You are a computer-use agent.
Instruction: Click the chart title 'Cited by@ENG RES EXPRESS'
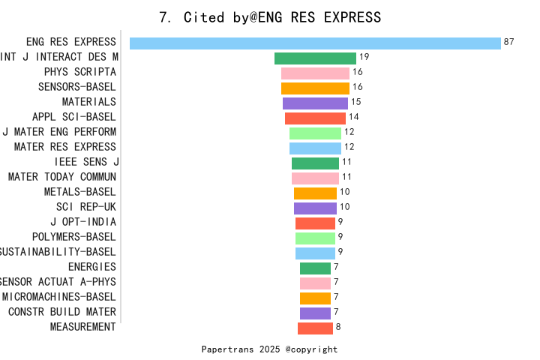click(x=270, y=17)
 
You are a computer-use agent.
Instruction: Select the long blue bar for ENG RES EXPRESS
click(x=315, y=43)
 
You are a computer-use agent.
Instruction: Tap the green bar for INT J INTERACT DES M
click(x=315, y=58)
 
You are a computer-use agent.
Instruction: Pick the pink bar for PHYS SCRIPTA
click(x=315, y=73)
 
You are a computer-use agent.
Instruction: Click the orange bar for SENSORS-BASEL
click(x=315, y=88)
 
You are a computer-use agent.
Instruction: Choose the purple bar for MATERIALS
click(x=315, y=103)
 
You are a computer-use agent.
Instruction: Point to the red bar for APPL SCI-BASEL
click(x=315, y=118)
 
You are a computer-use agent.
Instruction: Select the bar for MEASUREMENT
click(x=315, y=328)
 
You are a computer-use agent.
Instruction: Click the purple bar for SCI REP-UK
click(x=315, y=208)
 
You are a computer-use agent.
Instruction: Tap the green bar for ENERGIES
click(x=315, y=268)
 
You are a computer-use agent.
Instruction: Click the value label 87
click(x=509, y=42)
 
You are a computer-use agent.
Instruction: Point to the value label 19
click(x=364, y=57)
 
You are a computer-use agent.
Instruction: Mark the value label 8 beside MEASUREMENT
click(x=338, y=327)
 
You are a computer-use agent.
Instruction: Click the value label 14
click(x=354, y=117)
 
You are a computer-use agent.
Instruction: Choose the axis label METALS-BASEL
click(x=80, y=192)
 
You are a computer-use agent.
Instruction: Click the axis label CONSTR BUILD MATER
click(x=62, y=312)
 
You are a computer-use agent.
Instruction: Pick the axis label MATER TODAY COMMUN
click(x=62, y=177)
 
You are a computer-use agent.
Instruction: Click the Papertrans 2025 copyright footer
click(x=270, y=349)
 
